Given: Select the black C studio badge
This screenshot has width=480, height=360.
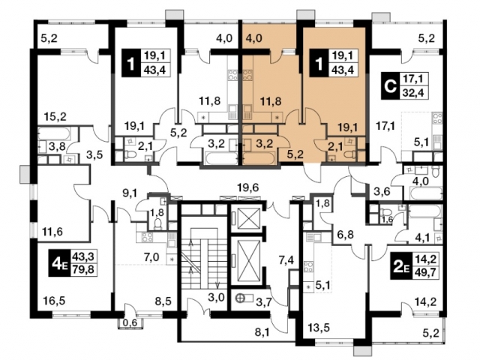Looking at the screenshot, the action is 390,86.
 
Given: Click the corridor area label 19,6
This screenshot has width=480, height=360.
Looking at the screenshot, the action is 248,187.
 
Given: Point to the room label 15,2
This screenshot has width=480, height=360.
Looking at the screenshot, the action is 55,117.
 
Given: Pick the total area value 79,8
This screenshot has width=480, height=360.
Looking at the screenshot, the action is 82,270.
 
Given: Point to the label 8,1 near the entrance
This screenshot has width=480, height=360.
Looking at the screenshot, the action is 262,331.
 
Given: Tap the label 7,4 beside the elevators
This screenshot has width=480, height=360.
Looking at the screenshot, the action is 286,260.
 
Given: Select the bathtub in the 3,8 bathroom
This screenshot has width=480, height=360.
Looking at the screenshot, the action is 54,134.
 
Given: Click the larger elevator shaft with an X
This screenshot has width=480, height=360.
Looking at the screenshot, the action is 247,260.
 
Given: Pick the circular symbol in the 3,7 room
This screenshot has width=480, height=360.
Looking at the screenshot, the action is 240,297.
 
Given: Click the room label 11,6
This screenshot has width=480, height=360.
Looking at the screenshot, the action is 52,232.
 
